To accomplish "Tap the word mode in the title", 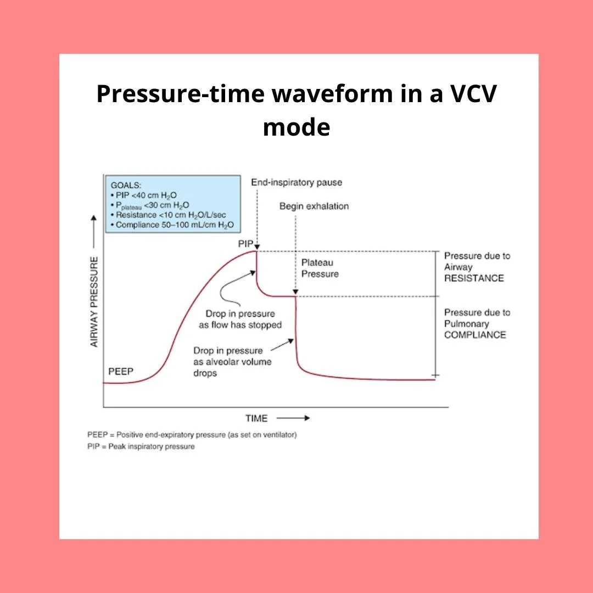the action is click(296, 127).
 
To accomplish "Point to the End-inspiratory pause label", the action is click(296, 182).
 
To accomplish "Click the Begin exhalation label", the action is click(314, 206).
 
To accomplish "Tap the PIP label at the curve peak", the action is click(245, 243).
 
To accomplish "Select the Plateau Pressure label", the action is click(320, 268).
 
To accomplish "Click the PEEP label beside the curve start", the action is click(121, 372).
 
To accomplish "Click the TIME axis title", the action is click(256, 418).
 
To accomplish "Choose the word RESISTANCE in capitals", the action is click(474, 278).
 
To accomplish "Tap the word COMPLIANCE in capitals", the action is click(475, 334).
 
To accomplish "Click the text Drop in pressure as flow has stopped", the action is click(240, 319).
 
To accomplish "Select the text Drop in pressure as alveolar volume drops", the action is click(232, 362).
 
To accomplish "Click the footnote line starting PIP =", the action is click(141, 446).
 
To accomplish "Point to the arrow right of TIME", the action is click(299, 418).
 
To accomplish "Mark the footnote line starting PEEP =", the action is click(192, 434).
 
